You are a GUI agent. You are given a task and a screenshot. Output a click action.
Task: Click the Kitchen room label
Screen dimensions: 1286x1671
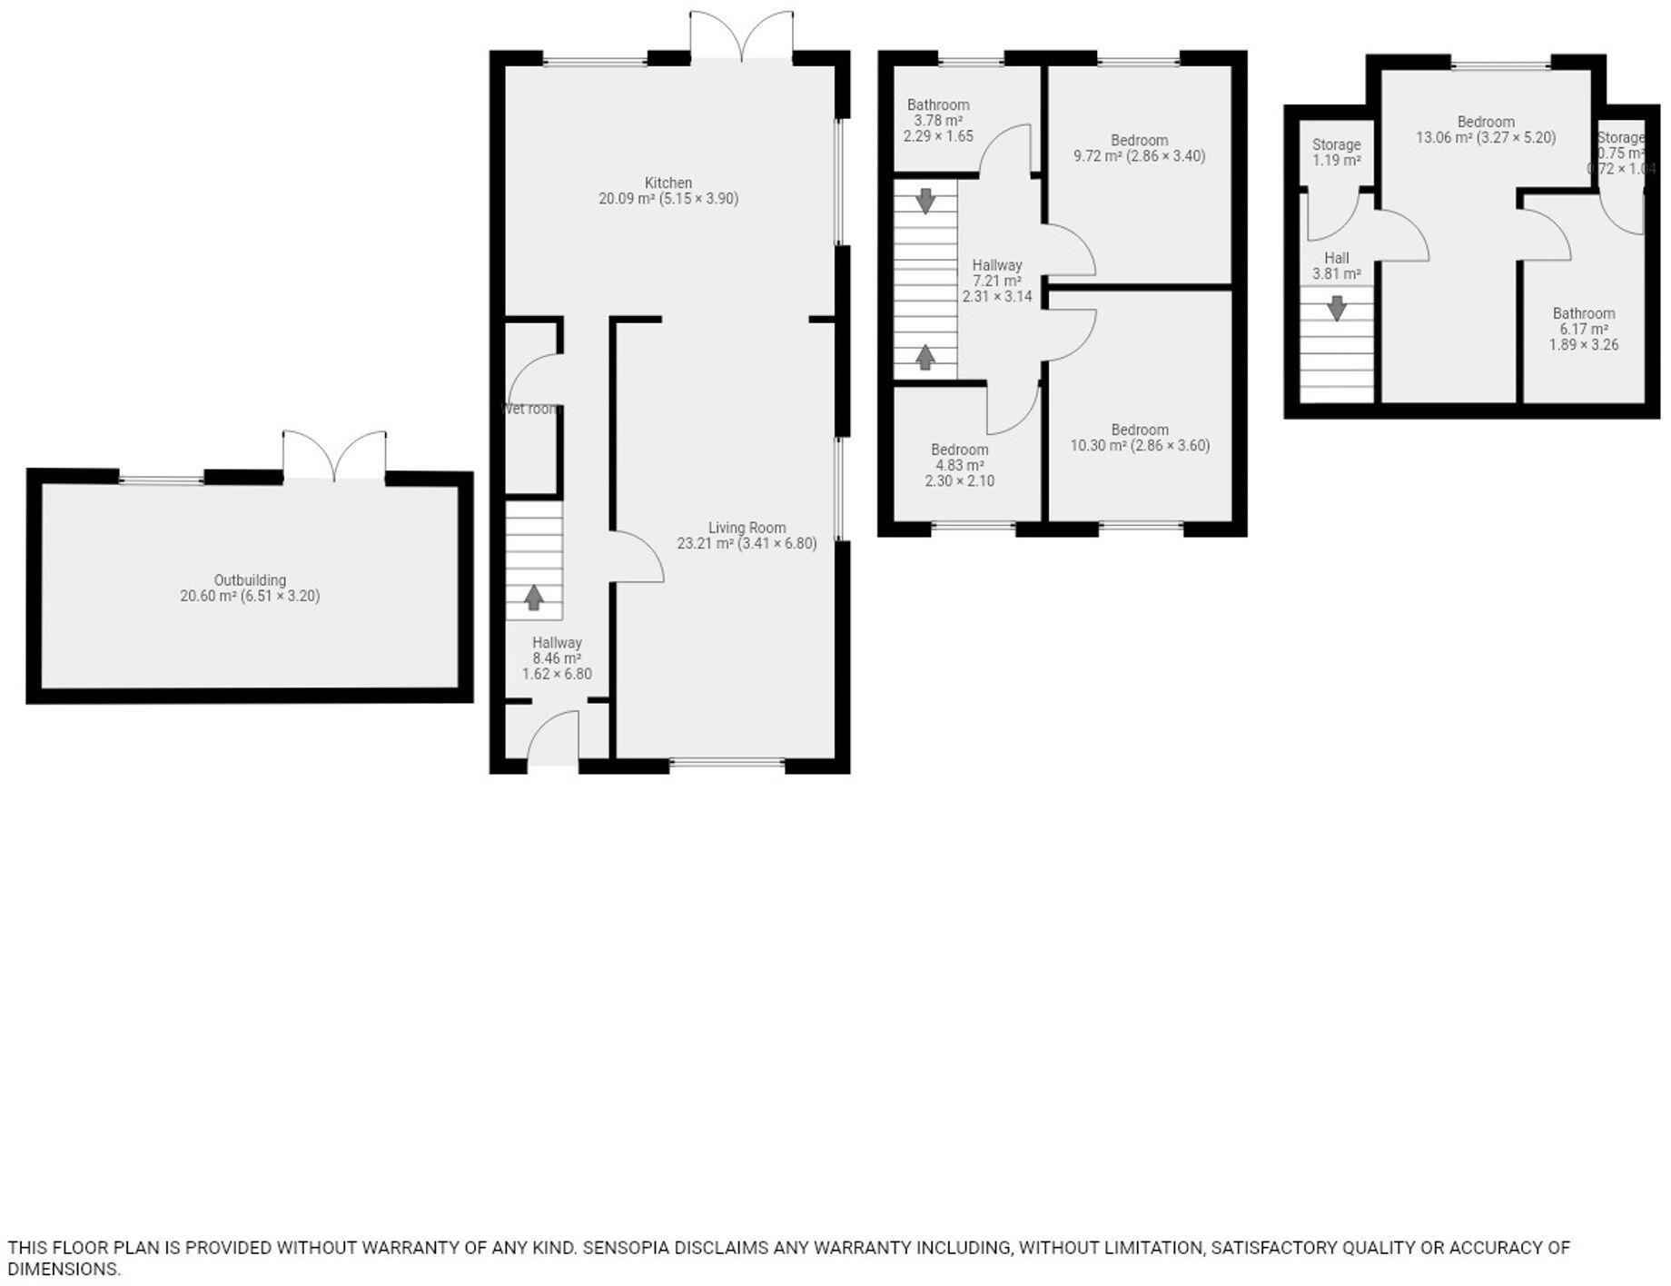668,183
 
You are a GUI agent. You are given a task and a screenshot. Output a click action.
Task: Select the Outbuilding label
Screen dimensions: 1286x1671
250,580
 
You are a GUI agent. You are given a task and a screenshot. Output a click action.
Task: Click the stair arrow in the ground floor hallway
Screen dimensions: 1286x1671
534,598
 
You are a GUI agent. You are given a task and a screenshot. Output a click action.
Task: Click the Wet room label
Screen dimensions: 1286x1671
530,410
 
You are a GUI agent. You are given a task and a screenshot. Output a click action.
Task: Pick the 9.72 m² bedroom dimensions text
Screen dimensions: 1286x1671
1139,156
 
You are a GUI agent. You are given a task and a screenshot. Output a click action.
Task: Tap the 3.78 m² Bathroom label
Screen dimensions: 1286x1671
938,105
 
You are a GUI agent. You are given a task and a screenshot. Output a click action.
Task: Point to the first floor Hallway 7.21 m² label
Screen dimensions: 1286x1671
997,265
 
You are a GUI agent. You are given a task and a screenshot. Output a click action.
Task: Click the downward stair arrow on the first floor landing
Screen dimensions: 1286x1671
925,201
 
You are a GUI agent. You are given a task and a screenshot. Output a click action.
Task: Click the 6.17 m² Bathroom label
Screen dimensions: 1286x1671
1584,314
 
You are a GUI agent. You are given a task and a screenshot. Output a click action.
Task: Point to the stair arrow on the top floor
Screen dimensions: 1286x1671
1336,309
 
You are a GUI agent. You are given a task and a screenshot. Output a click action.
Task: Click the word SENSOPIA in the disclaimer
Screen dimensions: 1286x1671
625,1248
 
